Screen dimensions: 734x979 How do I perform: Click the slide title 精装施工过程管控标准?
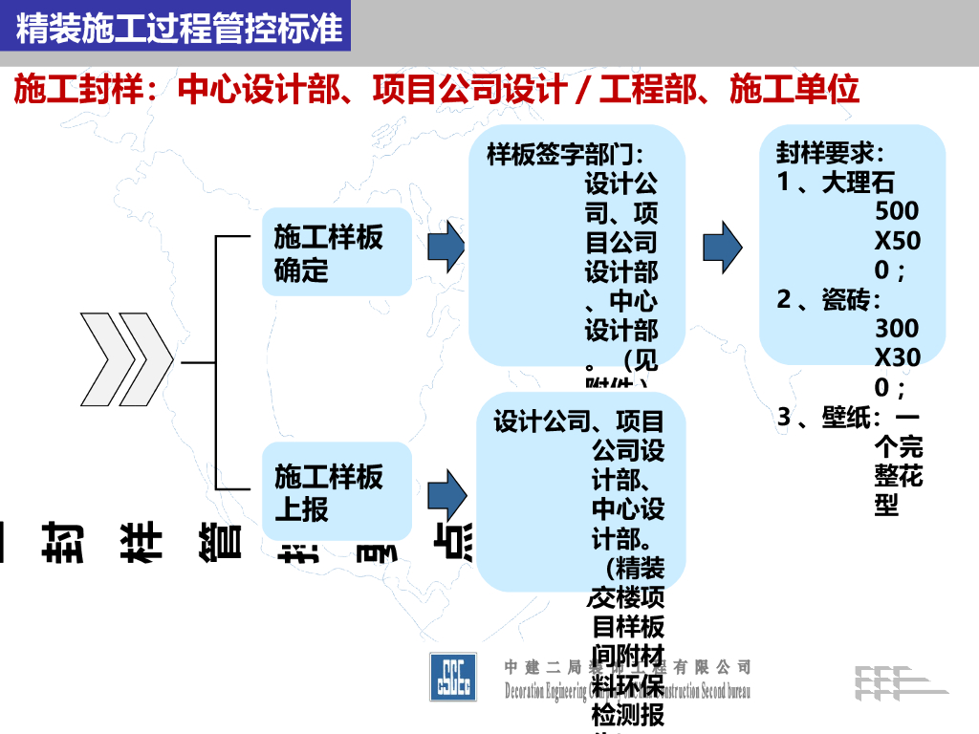(179, 29)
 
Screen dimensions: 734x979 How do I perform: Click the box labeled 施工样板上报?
(337, 491)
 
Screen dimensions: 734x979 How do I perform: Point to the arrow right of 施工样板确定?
(446, 248)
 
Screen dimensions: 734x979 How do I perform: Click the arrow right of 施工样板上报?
(446, 494)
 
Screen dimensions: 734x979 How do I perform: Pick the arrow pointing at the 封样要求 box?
(722, 248)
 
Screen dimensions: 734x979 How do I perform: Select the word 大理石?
(858, 183)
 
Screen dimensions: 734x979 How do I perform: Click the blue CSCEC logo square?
(455, 676)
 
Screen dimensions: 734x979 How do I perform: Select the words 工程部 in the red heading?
(666, 90)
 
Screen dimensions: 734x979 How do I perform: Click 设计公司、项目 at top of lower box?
(578, 421)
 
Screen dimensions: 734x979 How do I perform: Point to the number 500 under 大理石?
(896, 211)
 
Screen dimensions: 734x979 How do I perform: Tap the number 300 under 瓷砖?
(896, 329)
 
